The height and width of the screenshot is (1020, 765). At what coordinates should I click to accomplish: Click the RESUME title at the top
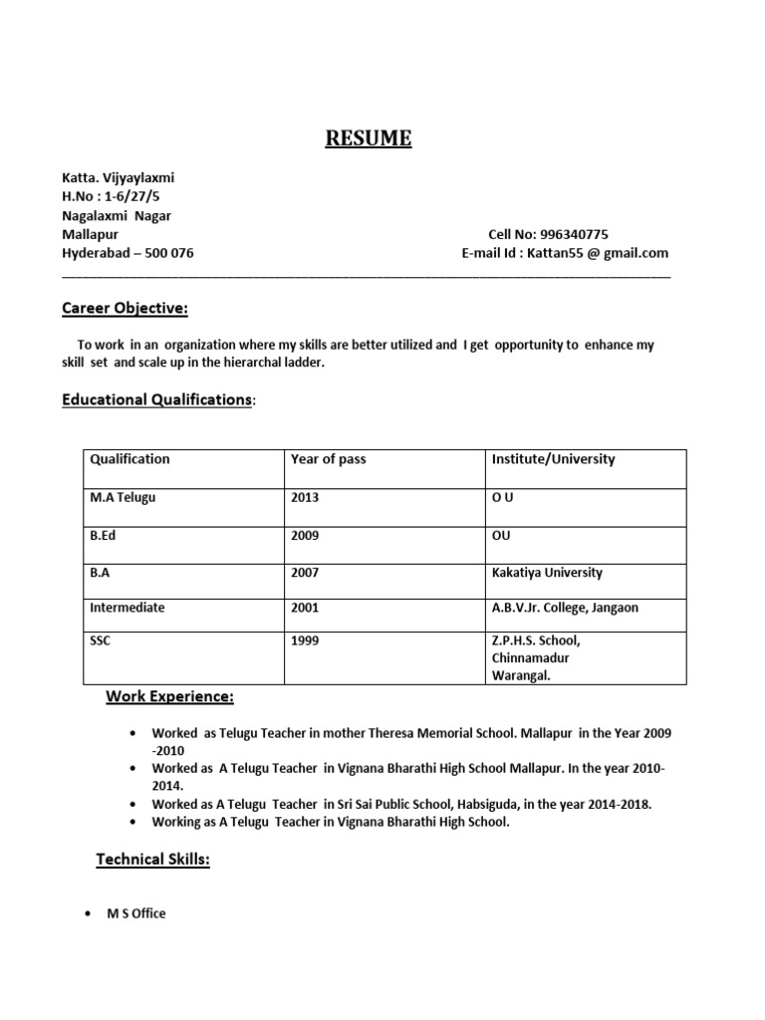point(369,138)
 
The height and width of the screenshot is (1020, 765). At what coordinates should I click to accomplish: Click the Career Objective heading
point(125,309)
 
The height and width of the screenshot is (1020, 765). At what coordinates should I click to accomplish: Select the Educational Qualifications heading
point(156,399)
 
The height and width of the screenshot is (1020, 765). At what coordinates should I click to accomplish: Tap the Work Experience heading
point(170,697)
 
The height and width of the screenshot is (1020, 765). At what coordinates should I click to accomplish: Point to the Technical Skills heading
point(152,859)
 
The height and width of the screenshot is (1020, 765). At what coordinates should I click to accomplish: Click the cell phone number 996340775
point(574,235)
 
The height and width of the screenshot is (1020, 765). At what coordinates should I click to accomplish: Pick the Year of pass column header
point(328,459)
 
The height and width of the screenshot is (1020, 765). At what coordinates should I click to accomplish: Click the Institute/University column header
point(553,459)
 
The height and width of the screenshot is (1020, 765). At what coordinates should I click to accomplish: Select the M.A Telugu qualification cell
point(124,498)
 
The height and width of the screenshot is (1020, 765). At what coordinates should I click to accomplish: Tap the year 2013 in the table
point(305,498)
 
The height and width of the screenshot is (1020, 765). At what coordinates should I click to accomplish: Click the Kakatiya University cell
point(547,573)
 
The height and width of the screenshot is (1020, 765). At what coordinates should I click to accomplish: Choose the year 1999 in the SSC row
point(305,640)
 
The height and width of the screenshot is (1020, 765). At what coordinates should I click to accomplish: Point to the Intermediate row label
point(127,607)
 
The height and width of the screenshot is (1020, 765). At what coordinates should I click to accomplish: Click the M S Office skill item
point(136,913)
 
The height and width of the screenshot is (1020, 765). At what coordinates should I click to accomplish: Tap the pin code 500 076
point(169,254)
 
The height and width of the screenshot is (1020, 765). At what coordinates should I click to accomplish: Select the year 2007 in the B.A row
point(305,573)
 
